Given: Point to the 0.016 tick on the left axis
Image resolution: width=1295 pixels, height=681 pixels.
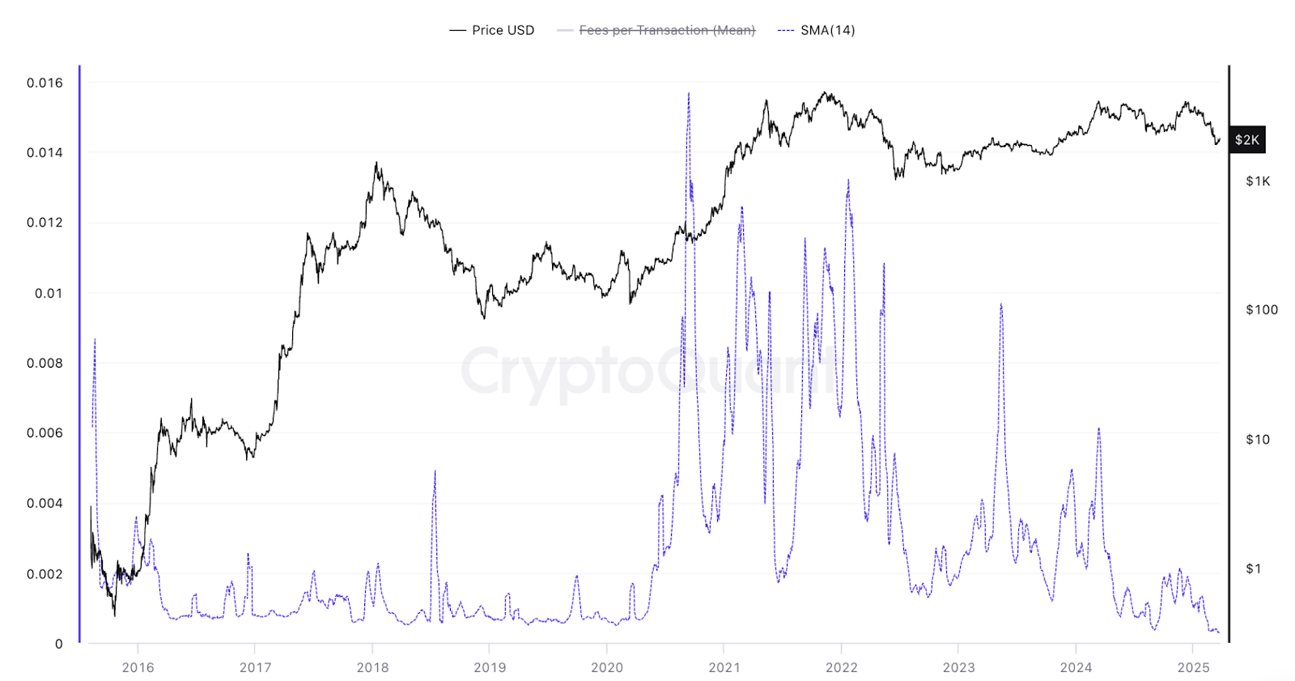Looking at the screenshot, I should click(x=45, y=83).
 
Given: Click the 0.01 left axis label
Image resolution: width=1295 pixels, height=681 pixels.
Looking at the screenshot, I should click(x=49, y=293).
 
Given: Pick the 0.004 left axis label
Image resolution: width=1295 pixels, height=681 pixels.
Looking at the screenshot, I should click(x=45, y=504).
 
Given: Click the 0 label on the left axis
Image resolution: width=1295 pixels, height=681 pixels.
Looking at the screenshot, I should click(x=58, y=645).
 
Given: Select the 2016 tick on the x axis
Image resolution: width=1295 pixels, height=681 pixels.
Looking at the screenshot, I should click(x=138, y=667).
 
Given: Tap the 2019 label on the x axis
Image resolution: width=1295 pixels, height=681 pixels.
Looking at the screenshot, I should click(x=490, y=667).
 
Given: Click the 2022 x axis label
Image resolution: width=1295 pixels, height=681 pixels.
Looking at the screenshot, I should click(x=842, y=667).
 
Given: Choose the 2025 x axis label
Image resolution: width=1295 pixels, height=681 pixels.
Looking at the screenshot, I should click(x=1193, y=667).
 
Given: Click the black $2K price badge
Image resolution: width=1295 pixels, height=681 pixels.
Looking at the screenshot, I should click(x=1246, y=140).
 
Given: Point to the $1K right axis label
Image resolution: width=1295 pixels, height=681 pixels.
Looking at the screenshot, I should click(x=1258, y=181).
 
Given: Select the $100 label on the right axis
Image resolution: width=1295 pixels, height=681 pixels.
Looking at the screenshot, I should click(x=1262, y=310).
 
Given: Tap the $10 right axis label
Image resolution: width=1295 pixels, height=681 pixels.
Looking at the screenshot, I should click(x=1258, y=440).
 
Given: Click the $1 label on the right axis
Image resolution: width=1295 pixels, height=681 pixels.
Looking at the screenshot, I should click(x=1253, y=569).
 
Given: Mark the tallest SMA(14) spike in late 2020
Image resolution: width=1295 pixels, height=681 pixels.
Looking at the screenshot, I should click(x=689, y=94).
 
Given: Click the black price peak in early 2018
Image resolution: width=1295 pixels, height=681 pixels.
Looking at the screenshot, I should click(x=376, y=164).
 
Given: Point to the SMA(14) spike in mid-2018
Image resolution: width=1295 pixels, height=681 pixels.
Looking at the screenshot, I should click(x=435, y=472).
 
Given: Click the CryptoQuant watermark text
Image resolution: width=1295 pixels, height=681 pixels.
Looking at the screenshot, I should click(x=647, y=371).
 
